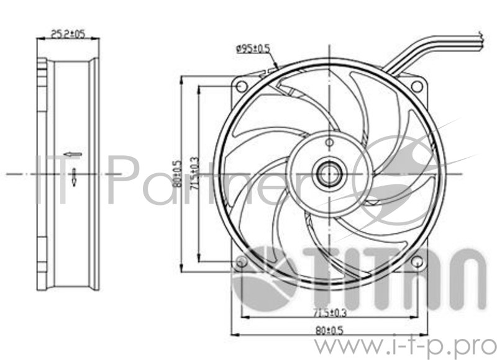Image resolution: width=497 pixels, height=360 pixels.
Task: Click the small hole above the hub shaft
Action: (326, 142)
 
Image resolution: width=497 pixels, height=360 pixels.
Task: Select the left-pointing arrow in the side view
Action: (73, 153)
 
